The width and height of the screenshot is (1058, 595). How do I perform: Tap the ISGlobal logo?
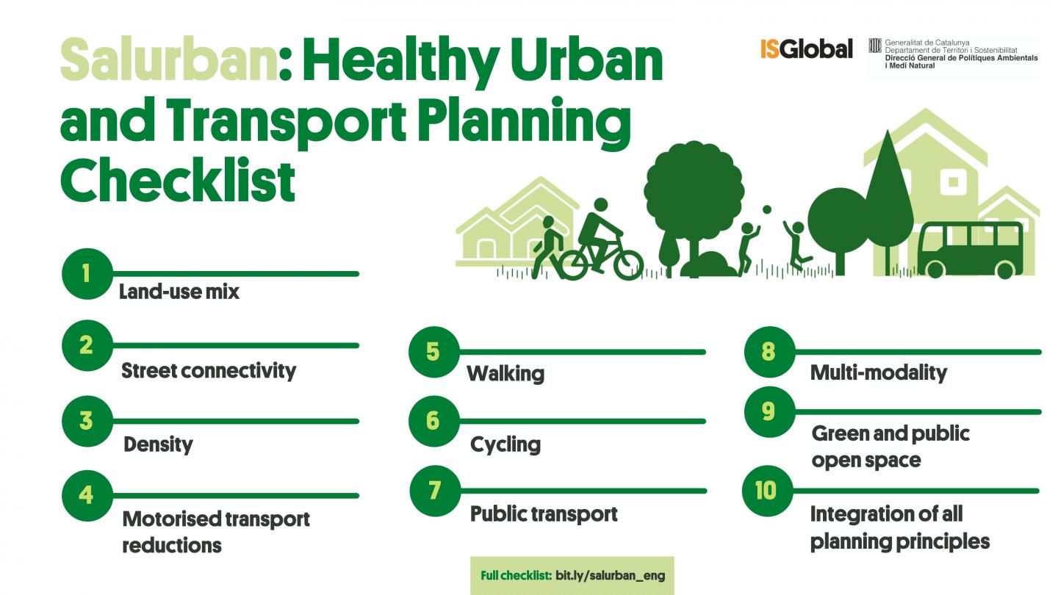pos(806,49)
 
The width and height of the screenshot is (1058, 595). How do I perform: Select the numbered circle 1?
pos(87,274)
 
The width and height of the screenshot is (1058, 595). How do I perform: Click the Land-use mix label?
pos(179,292)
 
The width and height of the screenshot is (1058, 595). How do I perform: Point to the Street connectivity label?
pos(208,370)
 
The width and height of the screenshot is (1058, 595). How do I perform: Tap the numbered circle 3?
pos(87,422)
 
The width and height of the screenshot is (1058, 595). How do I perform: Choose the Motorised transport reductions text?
pos(215,532)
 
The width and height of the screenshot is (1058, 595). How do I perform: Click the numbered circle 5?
pos(433,352)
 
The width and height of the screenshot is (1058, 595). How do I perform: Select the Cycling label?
pos(505,444)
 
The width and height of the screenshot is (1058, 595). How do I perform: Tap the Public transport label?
pos(544,513)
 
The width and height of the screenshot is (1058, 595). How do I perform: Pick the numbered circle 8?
pos(769,351)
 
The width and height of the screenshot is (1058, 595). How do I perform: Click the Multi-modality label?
pos(878,372)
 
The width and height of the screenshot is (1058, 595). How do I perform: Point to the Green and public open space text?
pos(890,447)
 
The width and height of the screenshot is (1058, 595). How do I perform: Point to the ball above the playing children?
pos(766,209)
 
